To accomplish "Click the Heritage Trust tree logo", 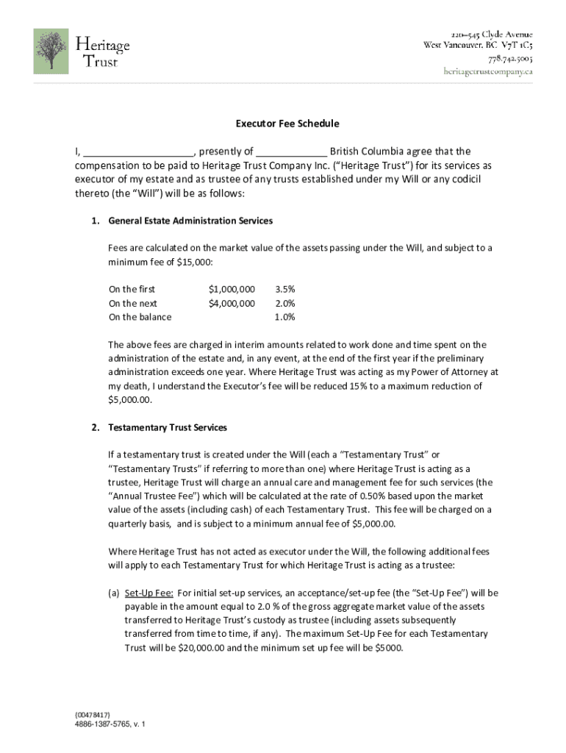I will point(51,51).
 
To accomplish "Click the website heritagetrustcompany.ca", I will point(487,71).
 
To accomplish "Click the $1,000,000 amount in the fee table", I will point(232,289).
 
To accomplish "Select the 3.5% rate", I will point(284,289).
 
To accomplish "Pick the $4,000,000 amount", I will point(232,303).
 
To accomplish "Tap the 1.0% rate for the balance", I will point(284,317).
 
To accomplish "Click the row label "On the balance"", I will point(140,317).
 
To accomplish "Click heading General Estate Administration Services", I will point(190,221).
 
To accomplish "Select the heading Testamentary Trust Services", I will point(168,427).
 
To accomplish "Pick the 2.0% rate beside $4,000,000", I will point(284,303).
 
